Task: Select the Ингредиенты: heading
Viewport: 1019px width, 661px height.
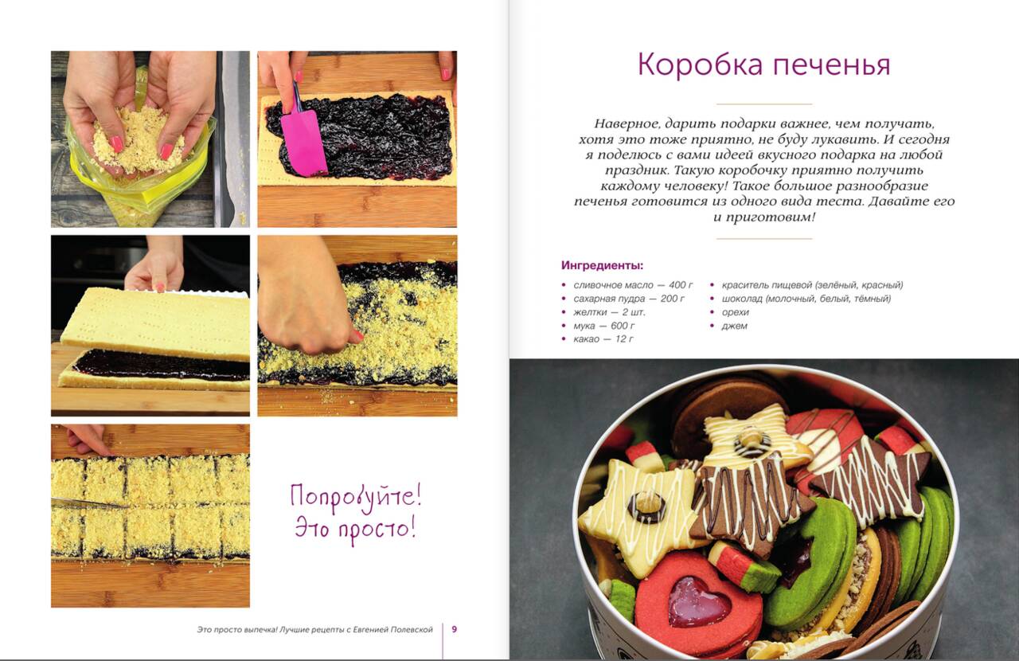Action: click(x=602, y=265)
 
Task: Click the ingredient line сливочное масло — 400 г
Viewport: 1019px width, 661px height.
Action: click(x=633, y=285)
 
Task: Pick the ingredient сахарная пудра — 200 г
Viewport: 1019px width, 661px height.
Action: click(x=628, y=299)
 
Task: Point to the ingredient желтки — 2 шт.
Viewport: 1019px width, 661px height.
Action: click(x=609, y=312)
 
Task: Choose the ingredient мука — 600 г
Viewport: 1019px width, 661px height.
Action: click(x=603, y=326)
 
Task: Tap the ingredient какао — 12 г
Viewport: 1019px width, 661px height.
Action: click(x=603, y=338)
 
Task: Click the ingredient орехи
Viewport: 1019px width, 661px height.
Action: click(x=735, y=313)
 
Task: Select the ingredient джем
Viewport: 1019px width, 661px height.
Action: click(x=734, y=326)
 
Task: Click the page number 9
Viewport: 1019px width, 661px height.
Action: click(x=454, y=629)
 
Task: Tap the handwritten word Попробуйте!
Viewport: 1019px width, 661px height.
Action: click(x=356, y=496)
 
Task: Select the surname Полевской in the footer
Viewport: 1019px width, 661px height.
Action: click(x=412, y=630)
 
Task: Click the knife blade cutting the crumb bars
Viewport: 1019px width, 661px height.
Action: click(x=89, y=503)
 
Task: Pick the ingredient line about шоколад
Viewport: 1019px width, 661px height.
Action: click(x=806, y=299)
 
